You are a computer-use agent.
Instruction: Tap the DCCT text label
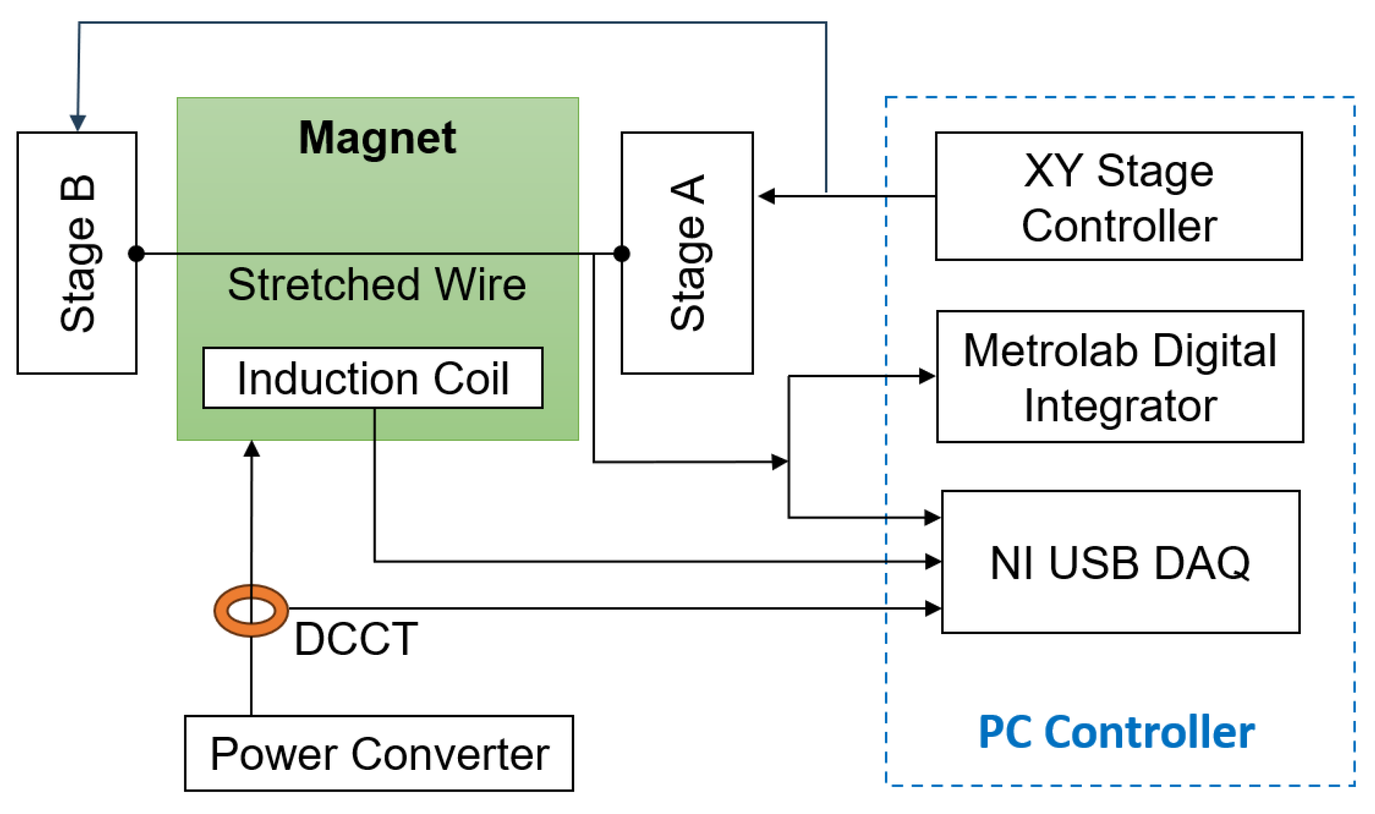356,639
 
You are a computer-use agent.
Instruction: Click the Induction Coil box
373,378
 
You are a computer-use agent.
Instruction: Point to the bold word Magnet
377,138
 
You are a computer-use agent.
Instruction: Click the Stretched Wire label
377,285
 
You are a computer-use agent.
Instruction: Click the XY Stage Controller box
1119,196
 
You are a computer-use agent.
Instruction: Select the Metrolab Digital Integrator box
1120,377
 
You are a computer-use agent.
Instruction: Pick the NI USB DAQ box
1120,562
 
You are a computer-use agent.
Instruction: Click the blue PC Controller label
1117,733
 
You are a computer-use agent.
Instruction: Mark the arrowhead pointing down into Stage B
78,123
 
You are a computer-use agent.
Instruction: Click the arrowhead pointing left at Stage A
767,196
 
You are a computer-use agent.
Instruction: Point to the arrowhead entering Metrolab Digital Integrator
927,376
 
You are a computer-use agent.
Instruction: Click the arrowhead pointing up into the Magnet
251,449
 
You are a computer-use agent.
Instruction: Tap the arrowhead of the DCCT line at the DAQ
933,608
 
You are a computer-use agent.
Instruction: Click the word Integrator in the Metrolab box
1120,406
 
